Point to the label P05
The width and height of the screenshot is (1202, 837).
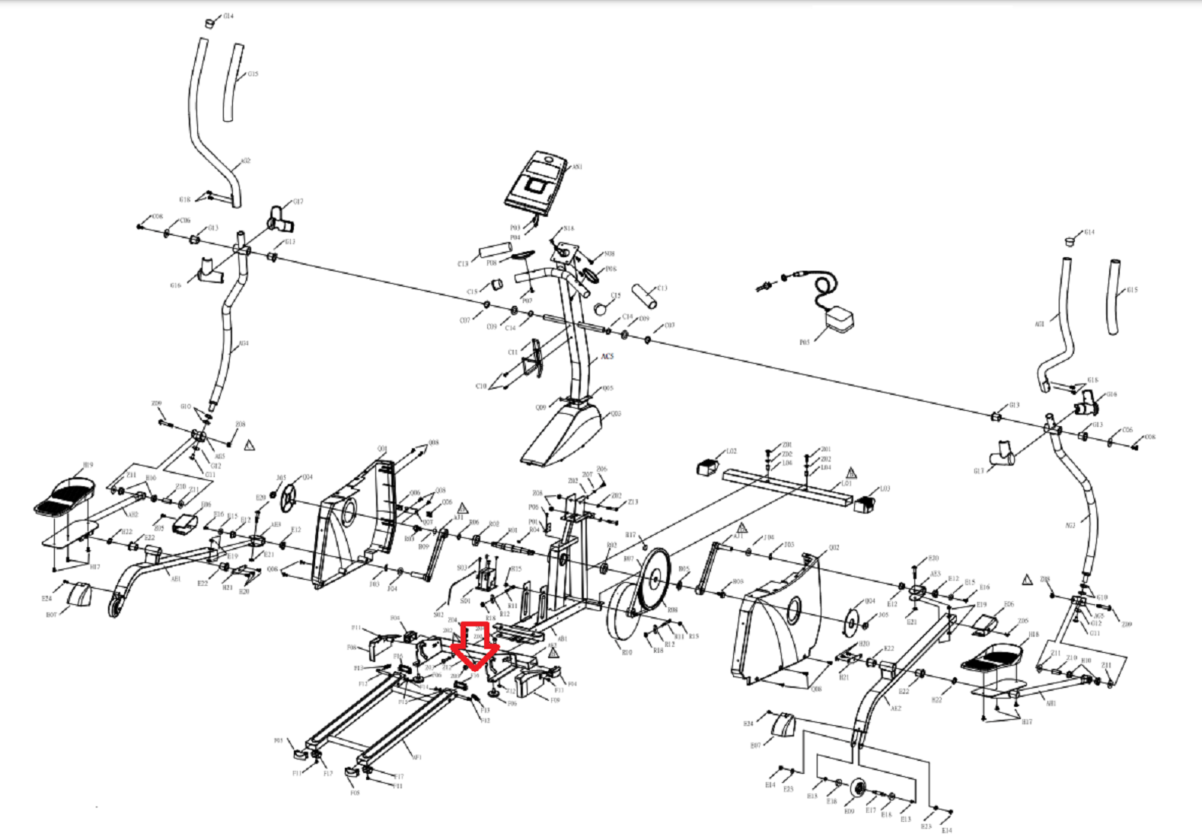click(804, 342)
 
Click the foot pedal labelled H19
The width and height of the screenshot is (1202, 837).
click(65, 496)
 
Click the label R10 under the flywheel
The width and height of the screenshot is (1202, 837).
click(627, 652)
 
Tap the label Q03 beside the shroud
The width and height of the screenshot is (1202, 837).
click(615, 414)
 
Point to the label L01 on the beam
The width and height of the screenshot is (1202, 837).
click(846, 483)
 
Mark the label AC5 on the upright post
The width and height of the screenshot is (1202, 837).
click(607, 356)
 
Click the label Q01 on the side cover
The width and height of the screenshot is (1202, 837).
click(382, 449)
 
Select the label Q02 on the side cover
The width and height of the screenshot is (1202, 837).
click(834, 547)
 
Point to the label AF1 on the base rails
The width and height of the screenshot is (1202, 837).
click(416, 757)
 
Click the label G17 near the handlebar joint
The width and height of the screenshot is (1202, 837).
click(298, 202)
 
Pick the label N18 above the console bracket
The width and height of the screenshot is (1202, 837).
click(569, 228)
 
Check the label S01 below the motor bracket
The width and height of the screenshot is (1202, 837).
click(464, 601)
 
